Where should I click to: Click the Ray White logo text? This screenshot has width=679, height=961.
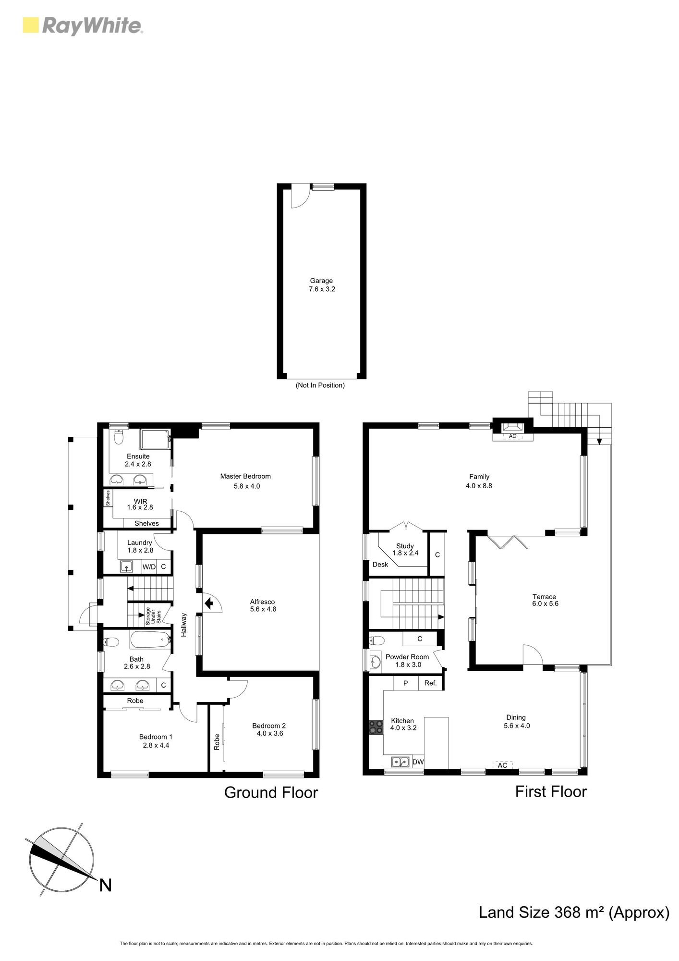pyautogui.click(x=93, y=26)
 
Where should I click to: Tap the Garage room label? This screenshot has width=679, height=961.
pyautogui.click(x=321, y=281)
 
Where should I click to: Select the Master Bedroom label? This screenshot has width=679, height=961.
pyautogui.click(x=245, y=476)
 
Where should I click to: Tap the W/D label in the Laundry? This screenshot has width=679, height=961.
pyautogui.click(x=149, y=567)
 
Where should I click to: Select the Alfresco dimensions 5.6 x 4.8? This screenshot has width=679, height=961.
pyautogui.click(x=263, y=609)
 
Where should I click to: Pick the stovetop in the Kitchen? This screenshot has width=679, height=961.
pyautogui.click(x=376, y=727)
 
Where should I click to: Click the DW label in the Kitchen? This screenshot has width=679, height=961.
pyautogui.click(x=418, y=762)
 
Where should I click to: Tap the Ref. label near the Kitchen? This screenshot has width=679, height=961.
pyautogui.click(x=431, y=683)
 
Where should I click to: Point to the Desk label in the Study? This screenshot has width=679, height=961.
pyautogui.click(x=380, y=564)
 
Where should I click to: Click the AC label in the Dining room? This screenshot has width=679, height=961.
pyautogui.click(x=502, y=765)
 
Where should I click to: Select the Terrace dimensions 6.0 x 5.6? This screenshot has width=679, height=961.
pyautogui.click(x=546, y=604)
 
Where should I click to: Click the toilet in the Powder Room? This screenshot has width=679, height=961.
pyautogui.click(x=377, y=640)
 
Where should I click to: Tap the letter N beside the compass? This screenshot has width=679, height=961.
pyautogui.click(x=105, y=885)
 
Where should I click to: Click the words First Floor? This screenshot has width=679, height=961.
pyautogui.click(x=551, y=791)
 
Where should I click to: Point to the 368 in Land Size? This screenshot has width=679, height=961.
pyautogui.click(x=568, y=912)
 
